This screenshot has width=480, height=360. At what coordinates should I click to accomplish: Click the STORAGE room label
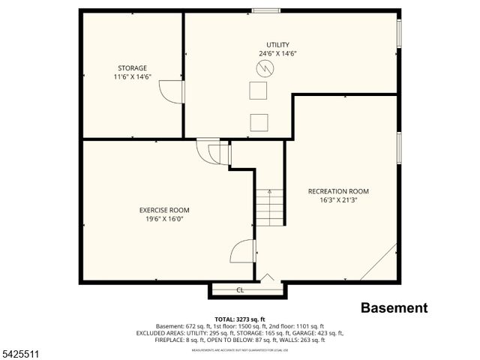(x=131, y=67)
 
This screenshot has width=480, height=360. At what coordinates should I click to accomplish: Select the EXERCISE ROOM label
(x=164, y=209)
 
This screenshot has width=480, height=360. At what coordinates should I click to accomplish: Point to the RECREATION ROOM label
(x=338, y=190)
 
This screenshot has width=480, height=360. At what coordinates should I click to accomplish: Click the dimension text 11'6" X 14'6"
(x=131, y=76)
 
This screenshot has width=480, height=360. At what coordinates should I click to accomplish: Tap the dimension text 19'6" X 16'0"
(x=164, y=218)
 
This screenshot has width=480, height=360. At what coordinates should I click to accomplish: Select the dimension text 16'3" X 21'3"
(x=338, y=199)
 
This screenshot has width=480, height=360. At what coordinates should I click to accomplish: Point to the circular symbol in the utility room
(x=265, y=69)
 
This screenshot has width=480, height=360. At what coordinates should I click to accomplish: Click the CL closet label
(x=240, y=289)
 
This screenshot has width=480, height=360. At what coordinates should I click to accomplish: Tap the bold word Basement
(x=394, y=307)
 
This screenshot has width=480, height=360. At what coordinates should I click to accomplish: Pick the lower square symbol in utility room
(x=259, y=122)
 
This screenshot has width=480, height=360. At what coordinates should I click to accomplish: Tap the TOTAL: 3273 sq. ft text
(x=240, y=319)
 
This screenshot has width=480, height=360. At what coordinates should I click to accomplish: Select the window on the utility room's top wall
(x=265, y=10)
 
